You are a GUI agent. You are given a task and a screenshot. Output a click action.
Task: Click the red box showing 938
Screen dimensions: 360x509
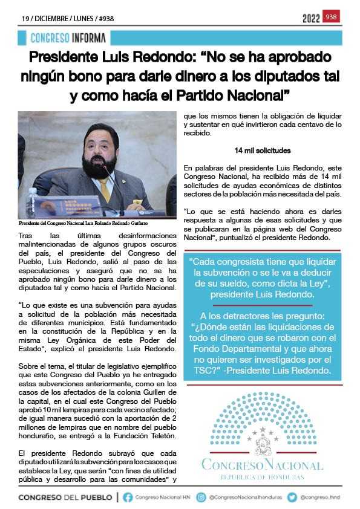pyautogui.click(x=332, y=17)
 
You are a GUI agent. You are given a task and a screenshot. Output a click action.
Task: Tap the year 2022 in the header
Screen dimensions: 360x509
pyautogui.click(x=311, y=18)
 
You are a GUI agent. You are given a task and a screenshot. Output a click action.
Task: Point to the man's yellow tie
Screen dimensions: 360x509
pyautogui.click(x=105, y=188)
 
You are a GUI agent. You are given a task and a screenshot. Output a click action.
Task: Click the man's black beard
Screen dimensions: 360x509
pyautogui.click(x=100, y=166)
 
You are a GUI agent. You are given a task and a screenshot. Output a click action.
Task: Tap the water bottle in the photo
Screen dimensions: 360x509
pyautogui.click(x=31, y=203)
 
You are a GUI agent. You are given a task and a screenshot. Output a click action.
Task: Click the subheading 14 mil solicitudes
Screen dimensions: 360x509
pyautogui.click(x=263, y=150)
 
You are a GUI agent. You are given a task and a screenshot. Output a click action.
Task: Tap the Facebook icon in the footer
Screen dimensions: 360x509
pyautogui.click(x=128, y=498)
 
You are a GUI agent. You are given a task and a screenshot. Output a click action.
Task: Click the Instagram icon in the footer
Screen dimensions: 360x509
pyautogui.click(x=201, y=498)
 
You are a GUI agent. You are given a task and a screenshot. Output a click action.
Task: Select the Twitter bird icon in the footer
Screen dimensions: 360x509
pyautogui.click(x=292, y=498)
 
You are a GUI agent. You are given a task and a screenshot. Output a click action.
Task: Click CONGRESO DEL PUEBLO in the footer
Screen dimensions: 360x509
pyautogui.click(x=65, y=498)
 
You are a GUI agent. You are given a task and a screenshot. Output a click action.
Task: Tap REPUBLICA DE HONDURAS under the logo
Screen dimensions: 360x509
pyautogui.click(x=262, y=477)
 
